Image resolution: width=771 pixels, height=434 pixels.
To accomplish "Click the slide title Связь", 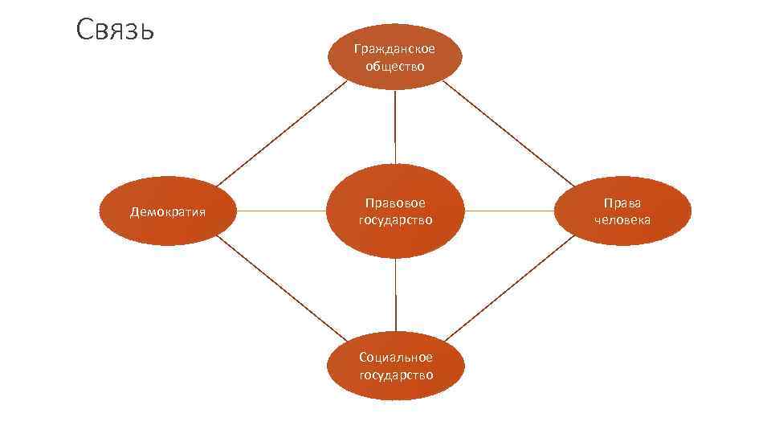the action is pos(116,31).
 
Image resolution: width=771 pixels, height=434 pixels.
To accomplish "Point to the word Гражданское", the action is pos(394,49).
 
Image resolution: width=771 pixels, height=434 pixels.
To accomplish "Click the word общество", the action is pos(394,66).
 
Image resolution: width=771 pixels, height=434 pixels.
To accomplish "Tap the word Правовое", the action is pos(395,203).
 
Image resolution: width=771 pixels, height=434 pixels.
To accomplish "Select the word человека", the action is pos(622,219).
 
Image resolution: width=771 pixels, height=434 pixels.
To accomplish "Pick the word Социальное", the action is pos(395,357).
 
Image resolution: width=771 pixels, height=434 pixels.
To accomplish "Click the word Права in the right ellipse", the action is pos(622,203).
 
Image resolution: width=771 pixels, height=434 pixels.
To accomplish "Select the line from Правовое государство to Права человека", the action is pos(509,211).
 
